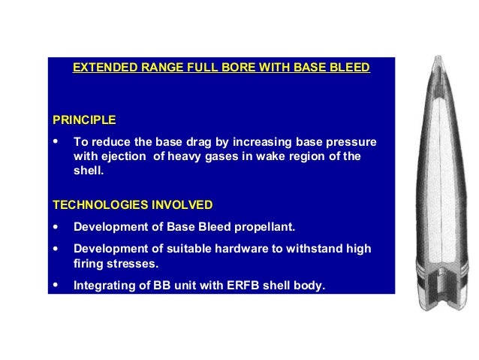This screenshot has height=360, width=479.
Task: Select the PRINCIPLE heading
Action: (x=84, y=119)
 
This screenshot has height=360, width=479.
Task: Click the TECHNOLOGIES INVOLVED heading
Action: (x=132, y=204)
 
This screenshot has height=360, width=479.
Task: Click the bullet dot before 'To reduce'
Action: (x=56, y=142)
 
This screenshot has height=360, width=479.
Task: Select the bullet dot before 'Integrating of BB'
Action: (x=56, y=285)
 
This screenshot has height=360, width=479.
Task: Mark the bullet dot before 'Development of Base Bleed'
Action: (x=56, y=227)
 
